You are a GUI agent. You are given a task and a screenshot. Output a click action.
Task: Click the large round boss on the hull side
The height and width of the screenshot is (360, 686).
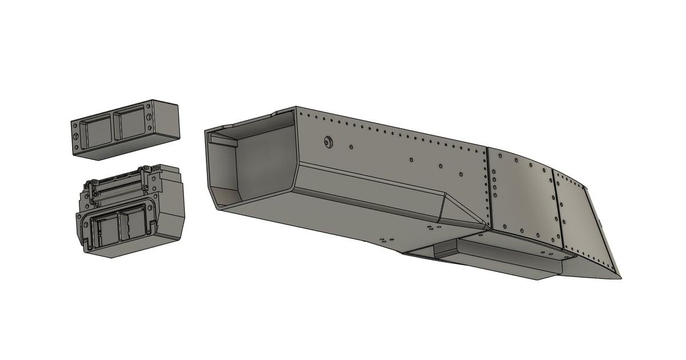pyautogui.click(x=328, y=141)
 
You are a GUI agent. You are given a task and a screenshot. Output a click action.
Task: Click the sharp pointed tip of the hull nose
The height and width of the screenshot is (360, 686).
pyautogui.click(x=620, y=277)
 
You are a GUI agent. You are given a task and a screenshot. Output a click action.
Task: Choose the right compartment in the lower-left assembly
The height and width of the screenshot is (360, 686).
pyautogui.click(x=131, y=226)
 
